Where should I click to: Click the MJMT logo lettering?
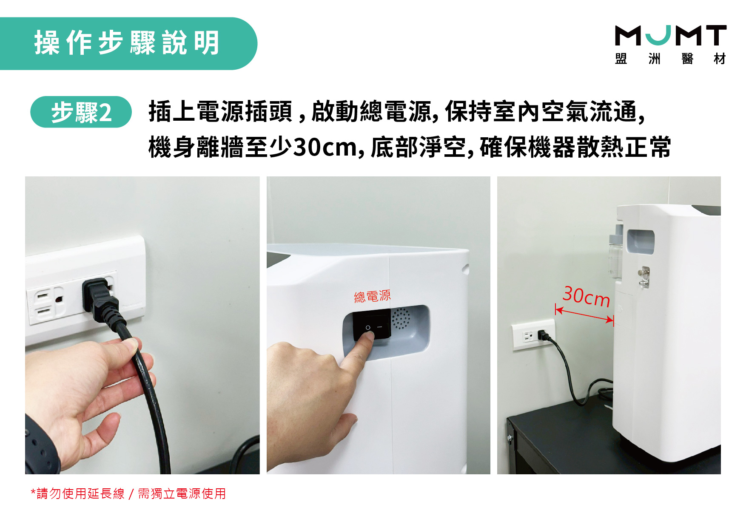(x=671, y=35)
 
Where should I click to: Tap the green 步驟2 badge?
(x=81, y=112)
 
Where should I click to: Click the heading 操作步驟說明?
(x=127, y=43)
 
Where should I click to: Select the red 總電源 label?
(x=372, y=296)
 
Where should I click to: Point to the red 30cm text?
(x=587, y=296)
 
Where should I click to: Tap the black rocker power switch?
(x=372, y=326)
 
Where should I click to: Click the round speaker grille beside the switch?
(x=400, y=319)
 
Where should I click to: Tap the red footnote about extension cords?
(x=128, y=493)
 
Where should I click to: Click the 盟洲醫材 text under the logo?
(x=670, y=59)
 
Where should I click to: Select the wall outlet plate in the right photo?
(x=533, y=335)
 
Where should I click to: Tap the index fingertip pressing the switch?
(x=367, y=336)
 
